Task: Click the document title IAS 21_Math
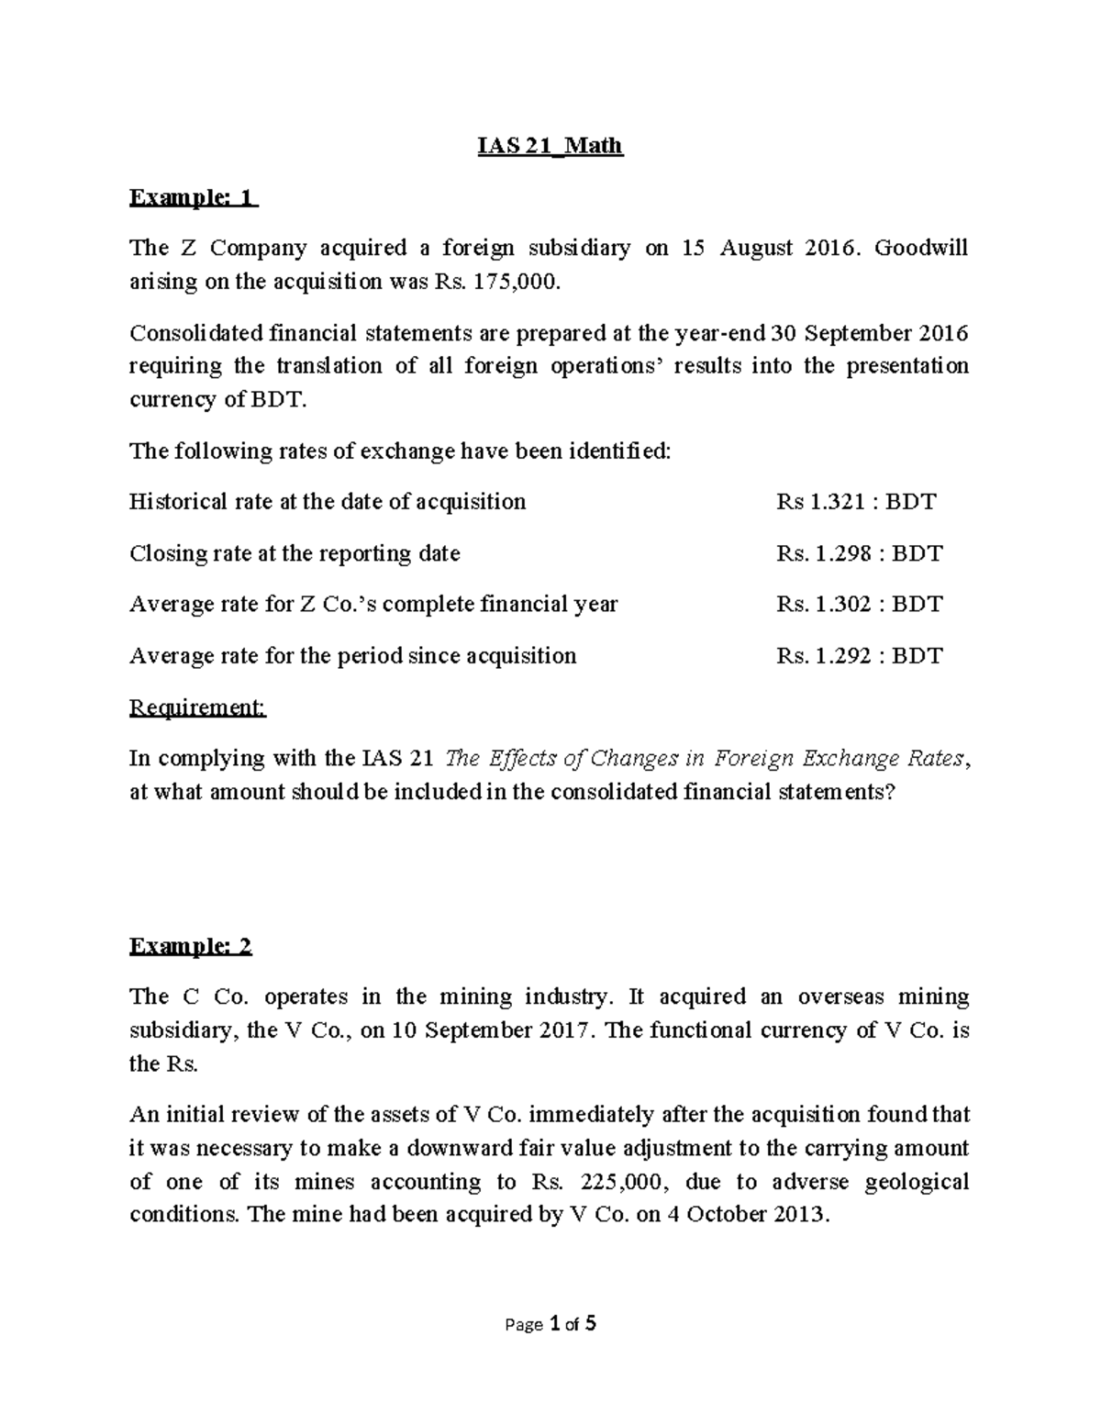pos(550,146)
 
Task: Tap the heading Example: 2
pos(191,946)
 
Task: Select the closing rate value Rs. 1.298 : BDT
pos(859,553)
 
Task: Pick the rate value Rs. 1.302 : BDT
pos(859,605)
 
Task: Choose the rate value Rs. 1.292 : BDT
pos(859,656)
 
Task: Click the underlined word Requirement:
pos(198,707)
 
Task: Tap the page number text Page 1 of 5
pos(550,1324)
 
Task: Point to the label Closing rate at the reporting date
pos(295,553)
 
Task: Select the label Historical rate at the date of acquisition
pos(328,502)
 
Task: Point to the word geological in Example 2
pos(917,1181)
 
